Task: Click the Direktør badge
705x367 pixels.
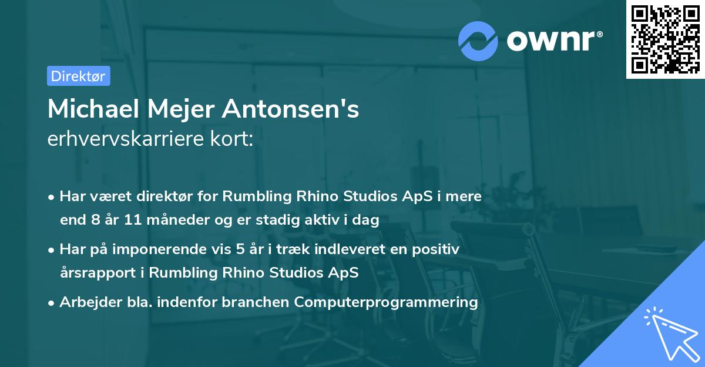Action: tap(78, 76)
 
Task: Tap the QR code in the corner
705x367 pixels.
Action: tap(665, 39)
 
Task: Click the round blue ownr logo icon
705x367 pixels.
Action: tap(478, 41)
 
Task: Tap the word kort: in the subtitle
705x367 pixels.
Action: tap(235, 139)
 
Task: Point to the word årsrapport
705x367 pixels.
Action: tap(96, 273)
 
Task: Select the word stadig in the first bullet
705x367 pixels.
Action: tap(299, 221)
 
